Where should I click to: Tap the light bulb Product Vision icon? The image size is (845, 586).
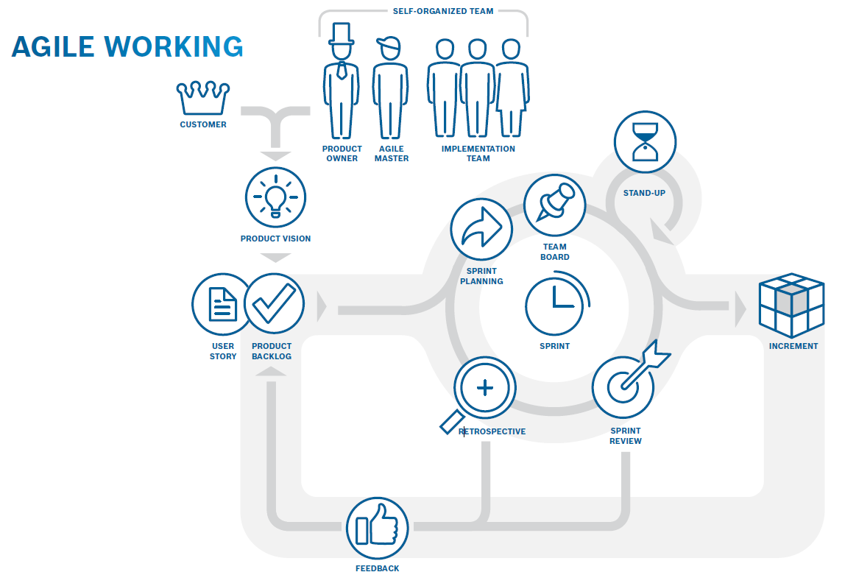(x=275, y=197)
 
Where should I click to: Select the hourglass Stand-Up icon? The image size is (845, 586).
(x=644, y=142)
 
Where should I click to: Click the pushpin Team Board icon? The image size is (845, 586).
(x=554, y=204)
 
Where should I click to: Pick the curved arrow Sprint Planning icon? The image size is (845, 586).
(x=481, y=229)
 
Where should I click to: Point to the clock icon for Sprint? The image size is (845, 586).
(x=555, y=303)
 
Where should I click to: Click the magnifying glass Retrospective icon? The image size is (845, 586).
(x=483, y=389)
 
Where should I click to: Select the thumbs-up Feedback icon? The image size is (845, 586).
(x=377, y=528)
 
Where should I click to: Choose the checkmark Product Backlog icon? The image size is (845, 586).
(x=274, y=304)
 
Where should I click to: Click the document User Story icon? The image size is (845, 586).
(x=222, y=304)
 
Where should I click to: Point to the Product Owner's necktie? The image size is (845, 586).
(x=342, y=71)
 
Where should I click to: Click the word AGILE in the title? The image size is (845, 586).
(x=54, y=46)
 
